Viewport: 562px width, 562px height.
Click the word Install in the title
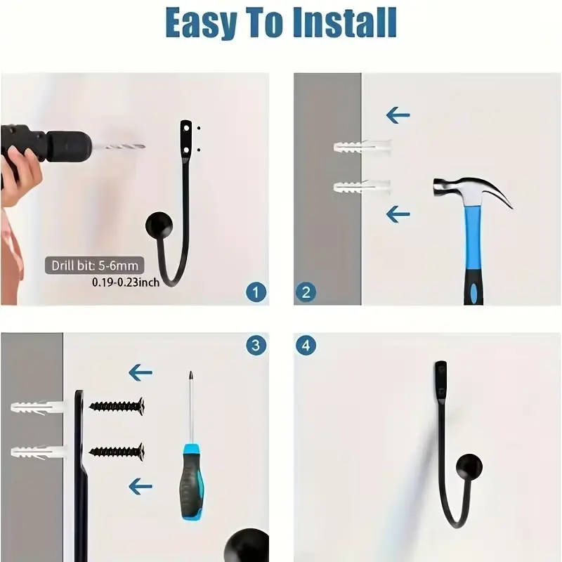(x=345, y=22)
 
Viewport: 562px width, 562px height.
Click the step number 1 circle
(x=256, y=292)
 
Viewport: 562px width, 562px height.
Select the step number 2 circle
(x=306, y=292)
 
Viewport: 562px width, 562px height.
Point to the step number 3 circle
(x=256, y=346)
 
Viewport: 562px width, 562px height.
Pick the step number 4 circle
(x=306, y=346)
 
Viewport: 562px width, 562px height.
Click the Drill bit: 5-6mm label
(x=95, y=266)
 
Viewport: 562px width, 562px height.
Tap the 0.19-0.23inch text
(x=126, y=282)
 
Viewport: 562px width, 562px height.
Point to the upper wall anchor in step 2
(x=362, y=147)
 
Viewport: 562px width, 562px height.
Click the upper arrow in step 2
(x=398, y=115)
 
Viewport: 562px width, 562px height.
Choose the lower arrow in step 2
(x=398, y=214)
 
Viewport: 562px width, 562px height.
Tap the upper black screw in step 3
(x=117, y=407)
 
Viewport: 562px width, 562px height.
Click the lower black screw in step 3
(x=117, y=452)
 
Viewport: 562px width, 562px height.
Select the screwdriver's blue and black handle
(x=192, y=481)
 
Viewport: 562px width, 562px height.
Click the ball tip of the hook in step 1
(x=159, y=226)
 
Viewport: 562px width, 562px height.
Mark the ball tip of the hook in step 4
(x=469, y=467)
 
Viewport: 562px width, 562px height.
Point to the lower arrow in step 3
(x=140, y=486)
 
